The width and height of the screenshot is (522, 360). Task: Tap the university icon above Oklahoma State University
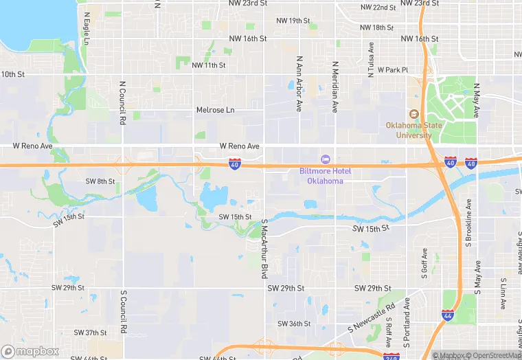coord(413,115)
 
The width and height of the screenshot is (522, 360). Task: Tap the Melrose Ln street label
coord(215,110)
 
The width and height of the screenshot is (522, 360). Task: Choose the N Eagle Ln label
coord(87,28)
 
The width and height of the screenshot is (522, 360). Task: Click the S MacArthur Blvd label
coord(264,249)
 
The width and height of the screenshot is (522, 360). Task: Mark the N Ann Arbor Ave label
coord(299,84)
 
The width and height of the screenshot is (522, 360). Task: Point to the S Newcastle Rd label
coord(372,315)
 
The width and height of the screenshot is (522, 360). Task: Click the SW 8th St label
coord(100,181)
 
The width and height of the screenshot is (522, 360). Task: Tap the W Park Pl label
coord(392,69)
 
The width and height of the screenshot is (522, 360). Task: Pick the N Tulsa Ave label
coord(371,60)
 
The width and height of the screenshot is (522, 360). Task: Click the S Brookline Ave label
coord(470,224)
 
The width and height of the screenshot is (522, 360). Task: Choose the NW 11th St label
coord(209,65)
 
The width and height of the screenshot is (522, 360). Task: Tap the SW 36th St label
coord(294,324)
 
